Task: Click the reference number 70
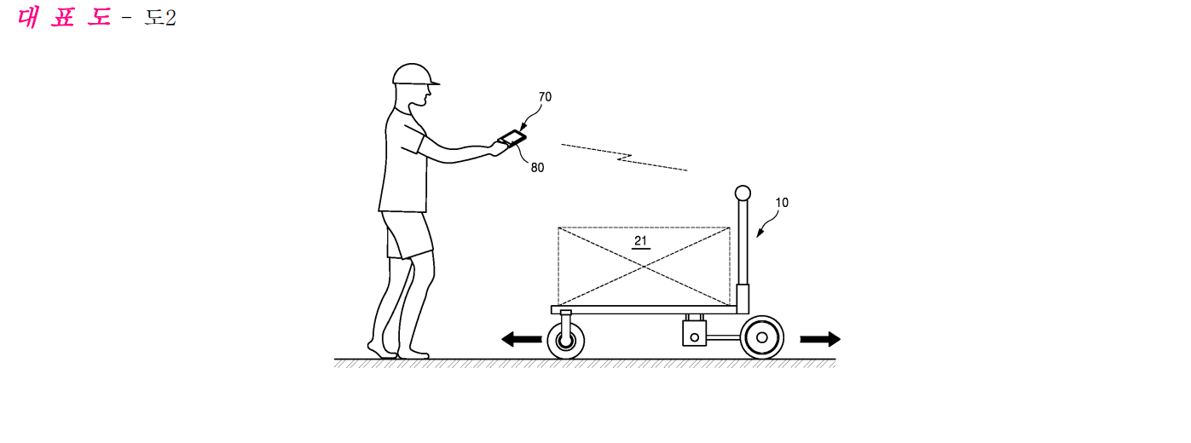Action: pyautogui.click(x=545, y=97)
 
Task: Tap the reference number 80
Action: pyautogui.click(x=538, y=168)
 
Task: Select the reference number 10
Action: pyautogui.click(x=782, y=203)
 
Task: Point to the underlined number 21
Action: pyautogui.click(x=641, y=241)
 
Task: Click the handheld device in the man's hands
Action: pyautogui.click(x=512, y=138)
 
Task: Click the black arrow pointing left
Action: pyautogui.click(x=522, y=339)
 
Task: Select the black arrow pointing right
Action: pyautogui.click(x=820, y=339)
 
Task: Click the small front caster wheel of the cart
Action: pyautogui.click(x=566, y=341)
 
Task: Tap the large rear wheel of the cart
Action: pyautogui.click(x=762, y=337)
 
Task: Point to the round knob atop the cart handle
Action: pyautogui.click(x=743, y=193)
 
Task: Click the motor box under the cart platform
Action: pyautogui.click(x=695, y=333)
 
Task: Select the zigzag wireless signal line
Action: pyautogui.click(x=624, y=158)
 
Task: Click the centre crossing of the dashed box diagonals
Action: pyautogui.click(x=644, y=266)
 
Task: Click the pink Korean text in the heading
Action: pyautogui.click(x=65, y=18)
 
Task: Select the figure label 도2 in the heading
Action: pyautogui.click(x=160, y=18)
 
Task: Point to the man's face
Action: pyautogui.click(x=424, y=95)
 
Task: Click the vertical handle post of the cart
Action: pyautogui.click(x=743, y=249)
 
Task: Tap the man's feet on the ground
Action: pyautogui.click(x=398, y=351)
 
